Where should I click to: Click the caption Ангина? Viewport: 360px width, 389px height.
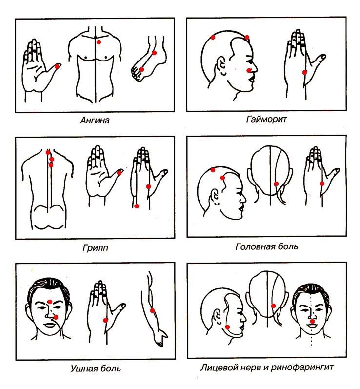[x=95, y=121]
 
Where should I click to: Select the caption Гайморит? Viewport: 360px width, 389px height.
[x=266, y=119]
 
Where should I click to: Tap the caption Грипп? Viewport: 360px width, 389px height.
[x=96, y=247]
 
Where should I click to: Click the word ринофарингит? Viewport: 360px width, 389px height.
[x=302, y=367]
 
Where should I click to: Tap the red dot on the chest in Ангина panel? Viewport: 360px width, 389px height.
[x=99, y=42]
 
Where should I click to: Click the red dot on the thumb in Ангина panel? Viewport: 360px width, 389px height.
[x=57, y=66]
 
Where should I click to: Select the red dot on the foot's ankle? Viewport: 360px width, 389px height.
[x=154, y=53]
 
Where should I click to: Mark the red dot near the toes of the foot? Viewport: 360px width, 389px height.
[x=141, y=69]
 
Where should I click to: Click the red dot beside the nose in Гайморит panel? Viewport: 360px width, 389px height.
[x=249, y=71]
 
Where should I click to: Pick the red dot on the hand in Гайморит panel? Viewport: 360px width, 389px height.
[x=305, y=72]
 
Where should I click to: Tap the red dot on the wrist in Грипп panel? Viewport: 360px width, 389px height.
[x=137, y=206]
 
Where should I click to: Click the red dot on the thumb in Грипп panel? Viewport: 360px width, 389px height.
[x=119, y=173]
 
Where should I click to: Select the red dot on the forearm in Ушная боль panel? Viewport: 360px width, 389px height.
[x=153, y=310]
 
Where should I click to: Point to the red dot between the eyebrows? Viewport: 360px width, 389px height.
[x=50, y=302]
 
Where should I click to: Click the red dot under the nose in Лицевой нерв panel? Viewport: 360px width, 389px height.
[x=312, y=322]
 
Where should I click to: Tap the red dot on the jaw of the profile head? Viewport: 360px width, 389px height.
[x=227, y=327]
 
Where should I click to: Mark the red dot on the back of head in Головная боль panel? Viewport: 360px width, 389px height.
[x=276, y=184]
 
